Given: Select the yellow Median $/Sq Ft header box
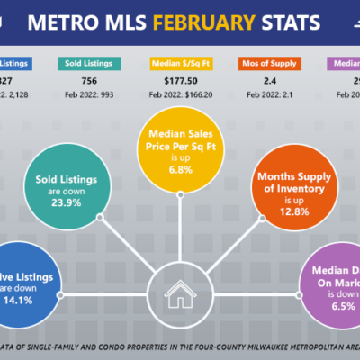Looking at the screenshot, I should [179, 64].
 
